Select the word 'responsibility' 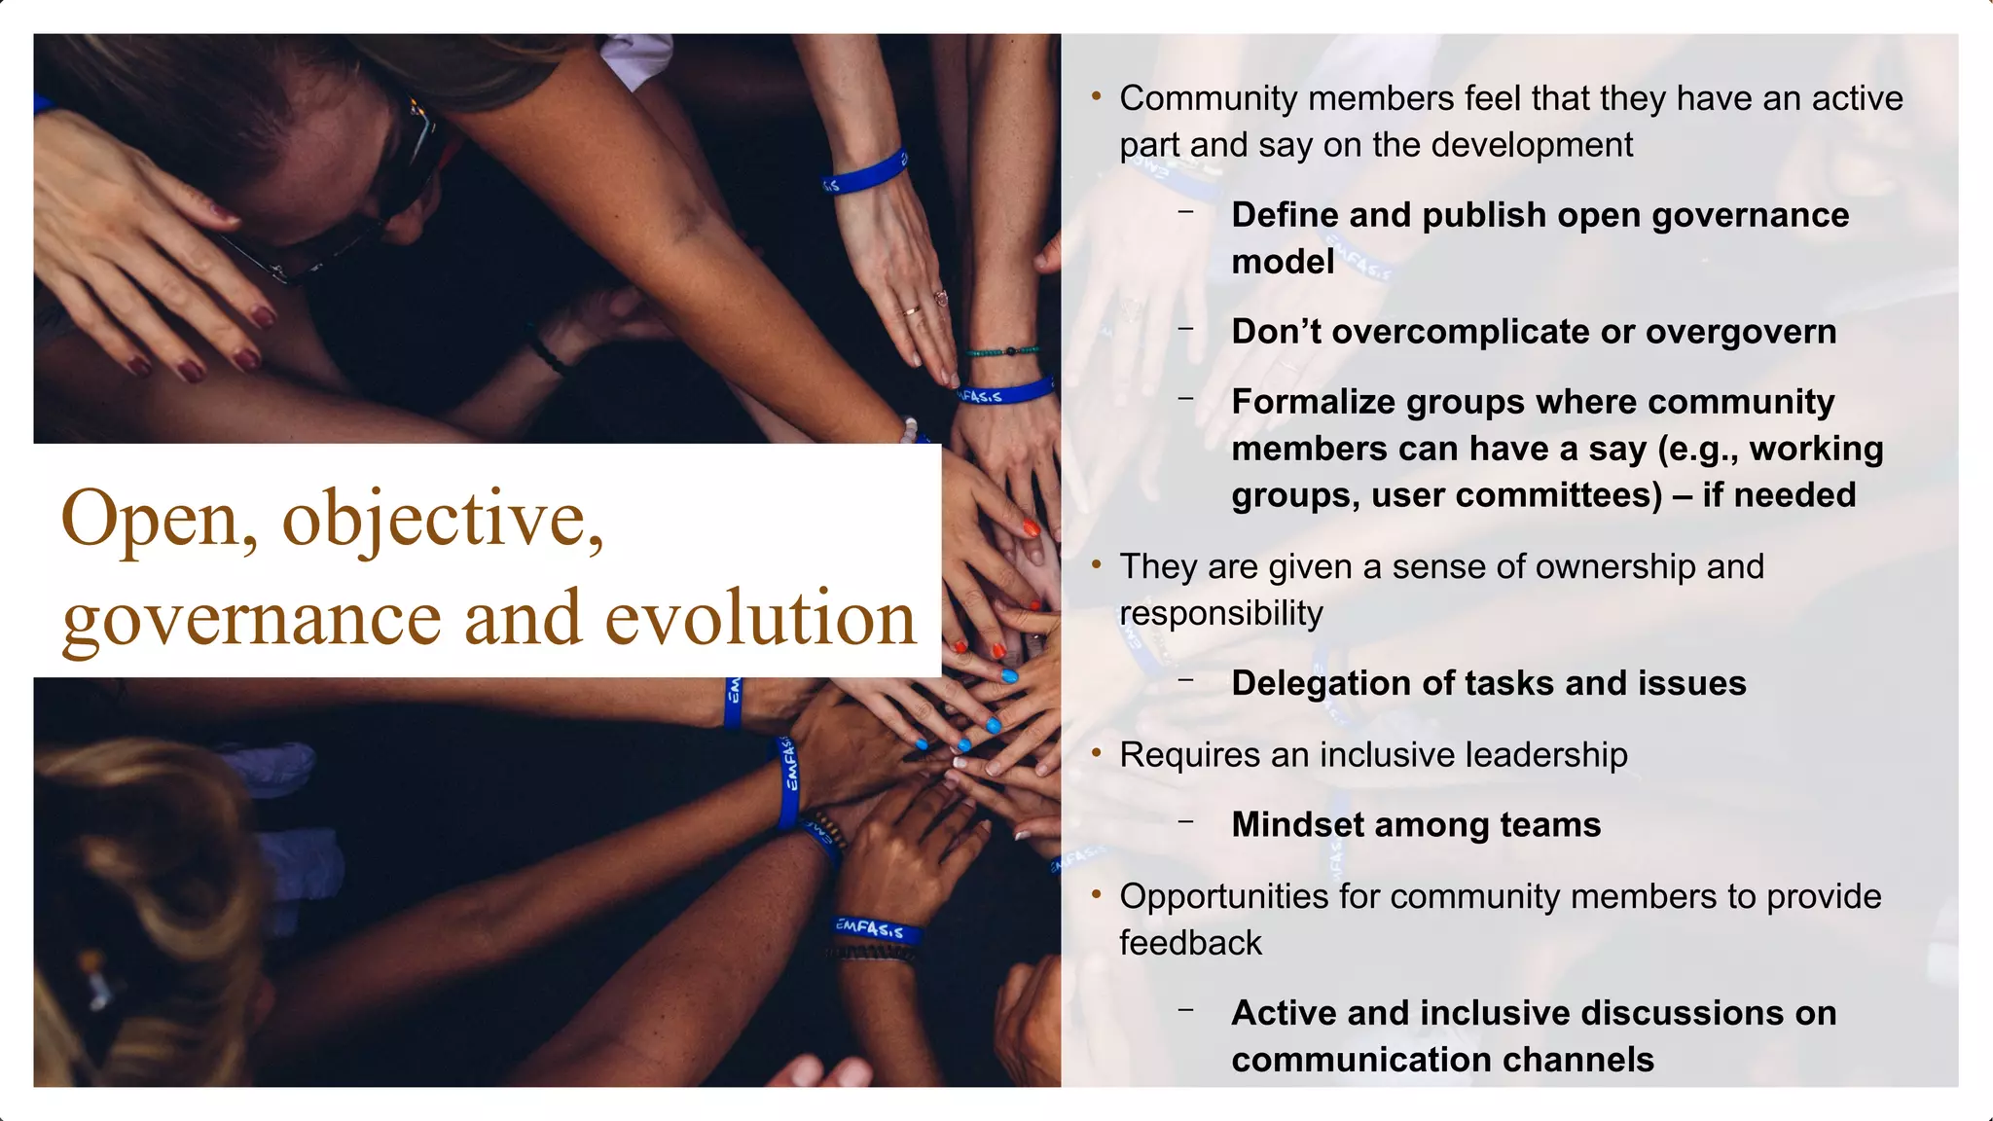(1221, 614)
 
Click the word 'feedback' (1190, 943)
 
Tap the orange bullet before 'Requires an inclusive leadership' (1097, 754)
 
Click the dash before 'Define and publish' (1185, 211)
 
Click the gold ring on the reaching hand (910, 311)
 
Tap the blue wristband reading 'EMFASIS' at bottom (875, 928)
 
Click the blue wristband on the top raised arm (864, 172)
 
